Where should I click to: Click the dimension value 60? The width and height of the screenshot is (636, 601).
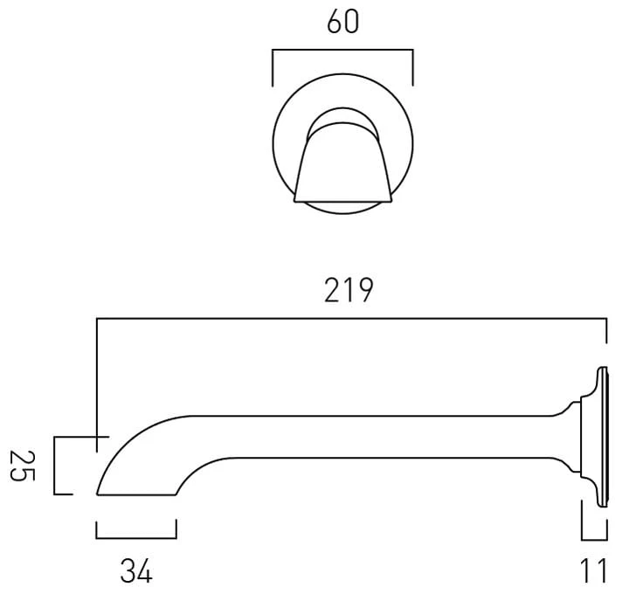(342, 22)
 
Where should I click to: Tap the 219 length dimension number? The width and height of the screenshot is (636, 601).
(349, 290)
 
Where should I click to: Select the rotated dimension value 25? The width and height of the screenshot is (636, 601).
(23, 466)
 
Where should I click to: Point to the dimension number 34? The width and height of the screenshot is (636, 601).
(136, 570)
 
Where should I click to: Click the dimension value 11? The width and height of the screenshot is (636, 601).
(594, 570)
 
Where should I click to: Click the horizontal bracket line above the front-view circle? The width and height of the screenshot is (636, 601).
(342, 50)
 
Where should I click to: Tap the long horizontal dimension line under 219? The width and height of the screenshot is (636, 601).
(352, 319)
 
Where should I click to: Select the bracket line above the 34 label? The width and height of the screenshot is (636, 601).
(136, 538)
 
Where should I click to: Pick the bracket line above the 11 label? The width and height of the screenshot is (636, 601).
(594, 540)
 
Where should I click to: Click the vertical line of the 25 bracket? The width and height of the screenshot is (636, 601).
(54, 466)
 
